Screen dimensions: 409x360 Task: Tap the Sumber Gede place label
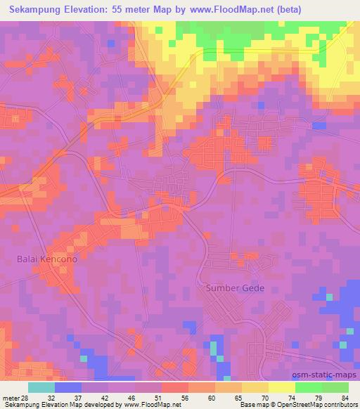coord(233,287)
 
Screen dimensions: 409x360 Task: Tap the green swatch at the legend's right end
coord(335,387)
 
